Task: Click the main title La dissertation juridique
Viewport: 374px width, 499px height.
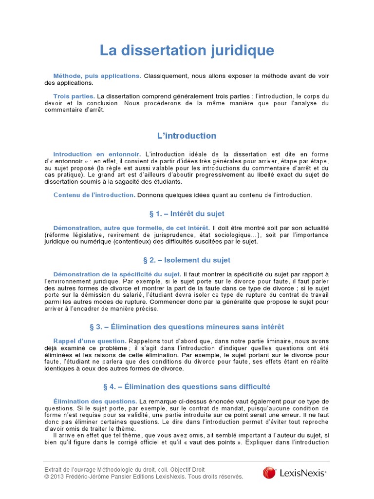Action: pyautogui.click(x=187, y=50)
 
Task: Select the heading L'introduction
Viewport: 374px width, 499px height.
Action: pyautogui.click(x=187, y=135)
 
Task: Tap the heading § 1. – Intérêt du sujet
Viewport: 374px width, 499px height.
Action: pyautogui.click(x=187, y=213)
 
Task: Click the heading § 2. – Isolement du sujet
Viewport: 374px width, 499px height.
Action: pyautogui.click(x=187, y=260)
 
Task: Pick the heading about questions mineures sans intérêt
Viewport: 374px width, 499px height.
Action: pyautogui.click(x=187, y=326)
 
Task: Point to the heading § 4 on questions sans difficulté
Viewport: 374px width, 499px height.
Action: pyautogui.click(x=187, y=386)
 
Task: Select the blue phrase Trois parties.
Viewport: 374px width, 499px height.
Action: pyautogui.click(x=74, y=96)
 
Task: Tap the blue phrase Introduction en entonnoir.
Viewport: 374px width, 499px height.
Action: pyautogui.click(x=97, y=154)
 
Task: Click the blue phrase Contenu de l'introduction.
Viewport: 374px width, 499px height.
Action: pyautogui.click(x=94, y=195)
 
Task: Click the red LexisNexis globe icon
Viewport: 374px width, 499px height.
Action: pyautogui.click(x=269, y=473)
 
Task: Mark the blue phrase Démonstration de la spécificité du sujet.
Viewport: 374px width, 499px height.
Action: pyautogui.click(x=117, y=274)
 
